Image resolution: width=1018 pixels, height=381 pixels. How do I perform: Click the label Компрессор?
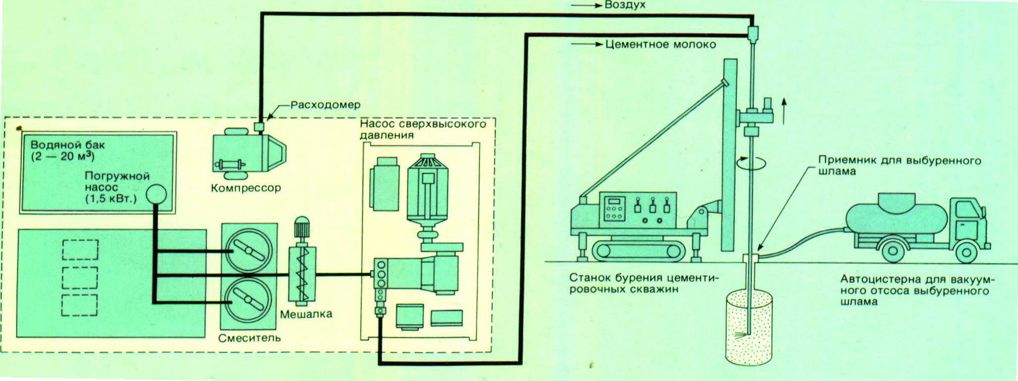(x=245, y=188)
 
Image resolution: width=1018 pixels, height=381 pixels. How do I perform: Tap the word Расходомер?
(x=325, y=105)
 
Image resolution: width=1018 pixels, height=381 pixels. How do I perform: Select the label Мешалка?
(x=306, y=314)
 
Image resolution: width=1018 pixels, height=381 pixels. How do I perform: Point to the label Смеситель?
(x=249, y=338)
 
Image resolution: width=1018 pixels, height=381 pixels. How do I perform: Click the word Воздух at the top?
(x=625, y=5)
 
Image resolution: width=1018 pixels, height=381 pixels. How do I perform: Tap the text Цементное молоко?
(x=660, y=45)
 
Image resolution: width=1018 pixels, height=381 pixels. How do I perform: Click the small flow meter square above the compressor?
(x=259, y=127)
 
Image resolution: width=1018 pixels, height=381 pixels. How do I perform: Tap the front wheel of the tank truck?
(x=966, y=253)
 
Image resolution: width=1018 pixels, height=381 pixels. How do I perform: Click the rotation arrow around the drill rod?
(x=751, y=163)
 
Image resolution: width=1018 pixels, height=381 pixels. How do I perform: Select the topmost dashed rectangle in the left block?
(x=80, y=250)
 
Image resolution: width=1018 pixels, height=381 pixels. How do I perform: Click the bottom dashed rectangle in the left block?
(x=80, y=305)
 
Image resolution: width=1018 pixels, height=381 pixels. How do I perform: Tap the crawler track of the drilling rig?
(x=640, y=251)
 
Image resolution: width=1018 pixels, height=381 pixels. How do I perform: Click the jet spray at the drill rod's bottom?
(x=741, y=335)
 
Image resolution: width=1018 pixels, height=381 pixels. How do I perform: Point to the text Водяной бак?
(x=67, y=145)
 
